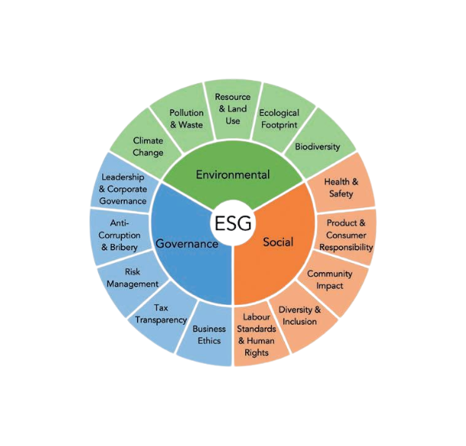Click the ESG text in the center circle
[x=233, y=223]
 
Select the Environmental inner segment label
[x=232, y=175]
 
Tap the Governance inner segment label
[x=187, y=244]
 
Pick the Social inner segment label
[x=278, y=242]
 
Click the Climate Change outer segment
[x=148, y=146]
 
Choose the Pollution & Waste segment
[x=187, y=118]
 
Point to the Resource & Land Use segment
[x=233, y=108]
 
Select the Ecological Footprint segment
[x=279, y=118]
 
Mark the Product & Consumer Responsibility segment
[x=346, y=235]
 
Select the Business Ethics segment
[x=209, y=334]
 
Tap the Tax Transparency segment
[x=161, y=313]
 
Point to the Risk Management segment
[x=132, y=278]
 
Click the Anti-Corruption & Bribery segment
[x=120, y=235]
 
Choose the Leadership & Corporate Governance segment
[x=123, y=189]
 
